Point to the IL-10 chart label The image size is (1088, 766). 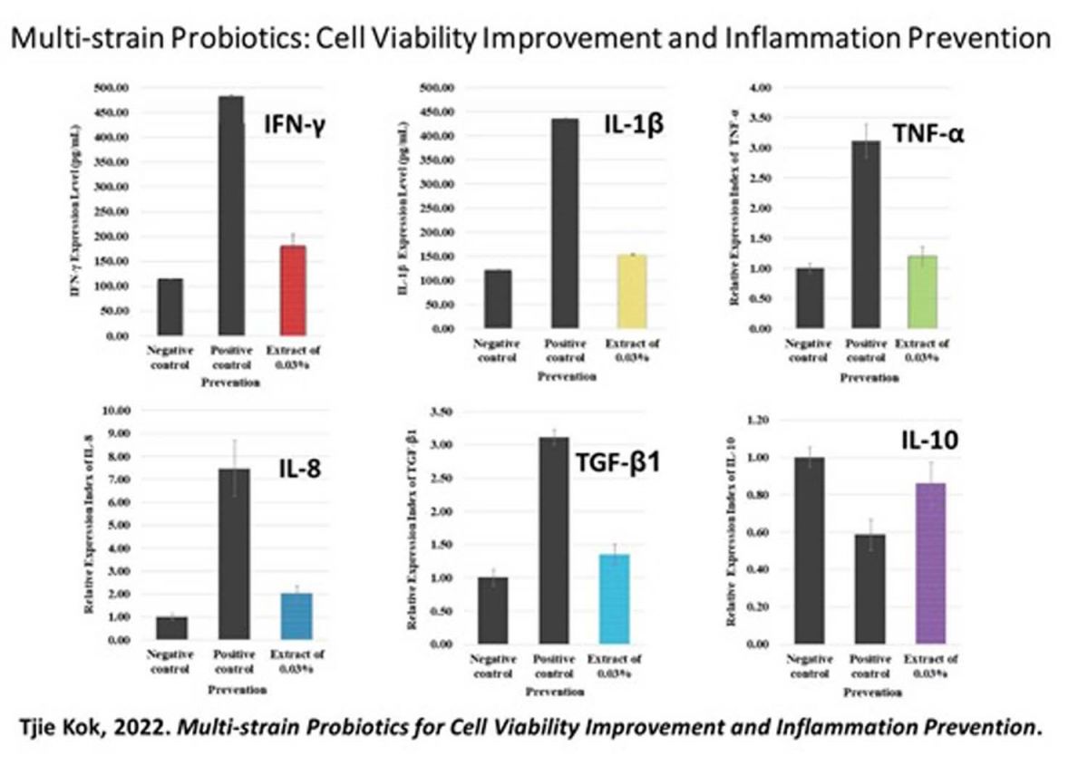928,441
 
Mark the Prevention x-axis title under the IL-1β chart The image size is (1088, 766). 567,376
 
